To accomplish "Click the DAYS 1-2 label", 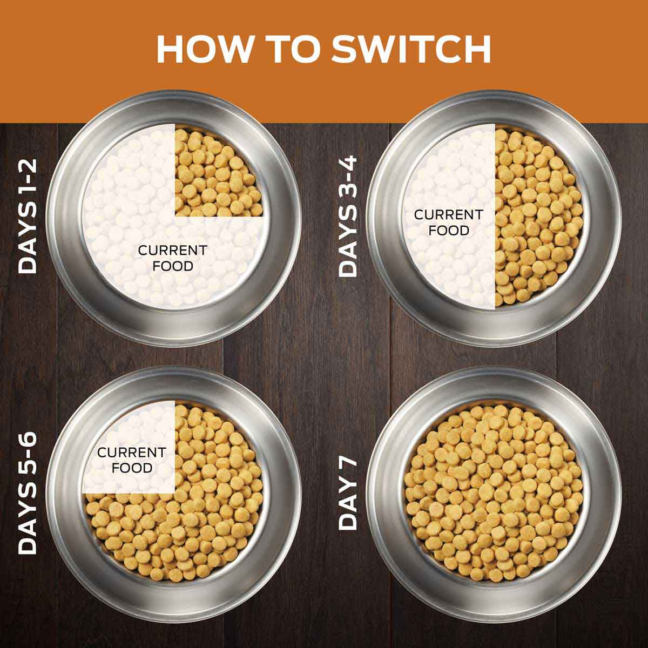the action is [x=28, y=216].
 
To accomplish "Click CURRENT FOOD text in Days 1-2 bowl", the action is [x=172, y=258].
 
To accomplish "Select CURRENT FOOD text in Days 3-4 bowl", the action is [x=448, y=222].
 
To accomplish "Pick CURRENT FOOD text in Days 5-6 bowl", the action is [x=131, y=460].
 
